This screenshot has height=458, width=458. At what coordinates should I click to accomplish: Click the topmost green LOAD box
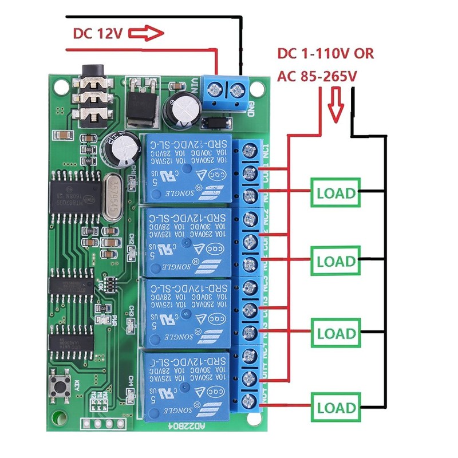[x=336, y=193]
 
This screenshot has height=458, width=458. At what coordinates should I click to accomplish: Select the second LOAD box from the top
[x=336, y=261]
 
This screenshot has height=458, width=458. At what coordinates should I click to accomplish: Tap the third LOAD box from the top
[x=336, y=333]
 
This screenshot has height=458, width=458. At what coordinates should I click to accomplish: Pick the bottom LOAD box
[x=336, y=408]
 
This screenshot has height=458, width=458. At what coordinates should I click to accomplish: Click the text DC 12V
[x=97, y=33]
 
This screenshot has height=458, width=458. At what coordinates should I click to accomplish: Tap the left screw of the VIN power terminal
[x=216, y=89]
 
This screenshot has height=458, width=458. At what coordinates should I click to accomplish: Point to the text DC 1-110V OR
[x=325, y=54]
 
